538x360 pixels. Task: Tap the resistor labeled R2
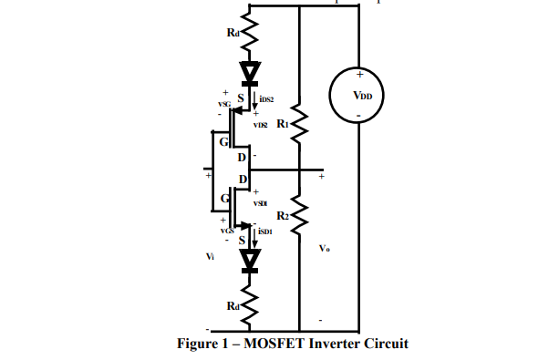pyautogui.click(x=299, y=217)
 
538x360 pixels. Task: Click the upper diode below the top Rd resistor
pyautogui.click(x=249, y=71)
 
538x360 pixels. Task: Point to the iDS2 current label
pyautogui.click(x=266, y=98)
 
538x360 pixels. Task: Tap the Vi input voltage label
pyautogui.click(x=211, y=257)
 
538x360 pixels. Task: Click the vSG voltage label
pyautogui.click(x=223, y=105)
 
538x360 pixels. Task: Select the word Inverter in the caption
pyautogui.click(x=336, y=344)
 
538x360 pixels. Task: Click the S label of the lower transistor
pyautogui.click(x=242, y=239)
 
